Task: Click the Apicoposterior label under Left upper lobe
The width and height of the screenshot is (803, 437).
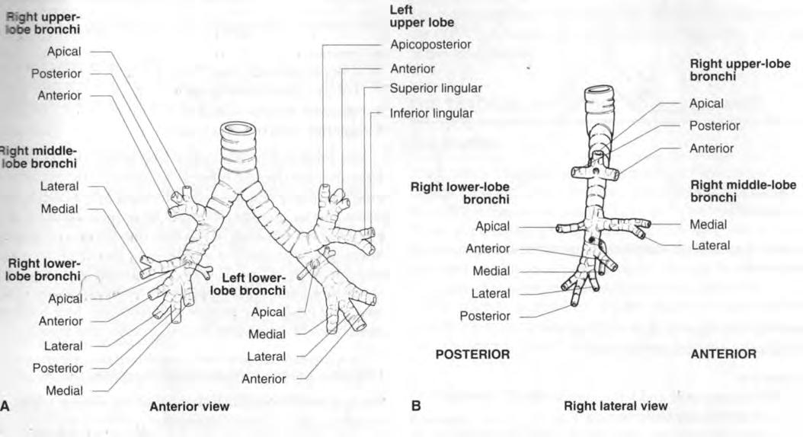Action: (430, 44)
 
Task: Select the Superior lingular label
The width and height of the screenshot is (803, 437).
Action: (436, 88)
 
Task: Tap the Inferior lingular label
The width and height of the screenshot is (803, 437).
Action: (432, 113)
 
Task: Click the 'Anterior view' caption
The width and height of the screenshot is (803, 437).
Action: (189, 407)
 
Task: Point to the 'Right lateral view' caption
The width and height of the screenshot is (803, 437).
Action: (616, 407)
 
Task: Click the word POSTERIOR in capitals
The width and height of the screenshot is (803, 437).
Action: (472, 354)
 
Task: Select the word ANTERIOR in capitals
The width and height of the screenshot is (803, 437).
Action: (724, 354)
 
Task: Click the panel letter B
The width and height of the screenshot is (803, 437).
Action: (416, 407)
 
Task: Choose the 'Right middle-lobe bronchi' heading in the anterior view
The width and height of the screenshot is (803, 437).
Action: (38, 157)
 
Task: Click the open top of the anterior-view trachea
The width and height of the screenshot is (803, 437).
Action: (238, 129)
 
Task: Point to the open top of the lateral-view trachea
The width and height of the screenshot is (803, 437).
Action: (600, 93)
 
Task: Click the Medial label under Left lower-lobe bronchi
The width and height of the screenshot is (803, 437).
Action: (267, 335)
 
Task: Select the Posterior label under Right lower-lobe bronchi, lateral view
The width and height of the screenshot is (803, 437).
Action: (485, 316)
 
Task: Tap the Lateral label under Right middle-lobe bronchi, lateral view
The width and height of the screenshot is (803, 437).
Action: (710, 246)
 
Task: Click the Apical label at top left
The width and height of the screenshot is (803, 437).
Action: (64, 52)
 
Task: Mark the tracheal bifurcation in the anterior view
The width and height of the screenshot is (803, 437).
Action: (237, 193)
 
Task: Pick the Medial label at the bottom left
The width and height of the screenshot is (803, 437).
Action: (64, 391)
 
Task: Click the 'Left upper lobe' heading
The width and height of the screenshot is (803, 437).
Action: (421, 17)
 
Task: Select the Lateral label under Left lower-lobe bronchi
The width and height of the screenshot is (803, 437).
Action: (267, 356)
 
